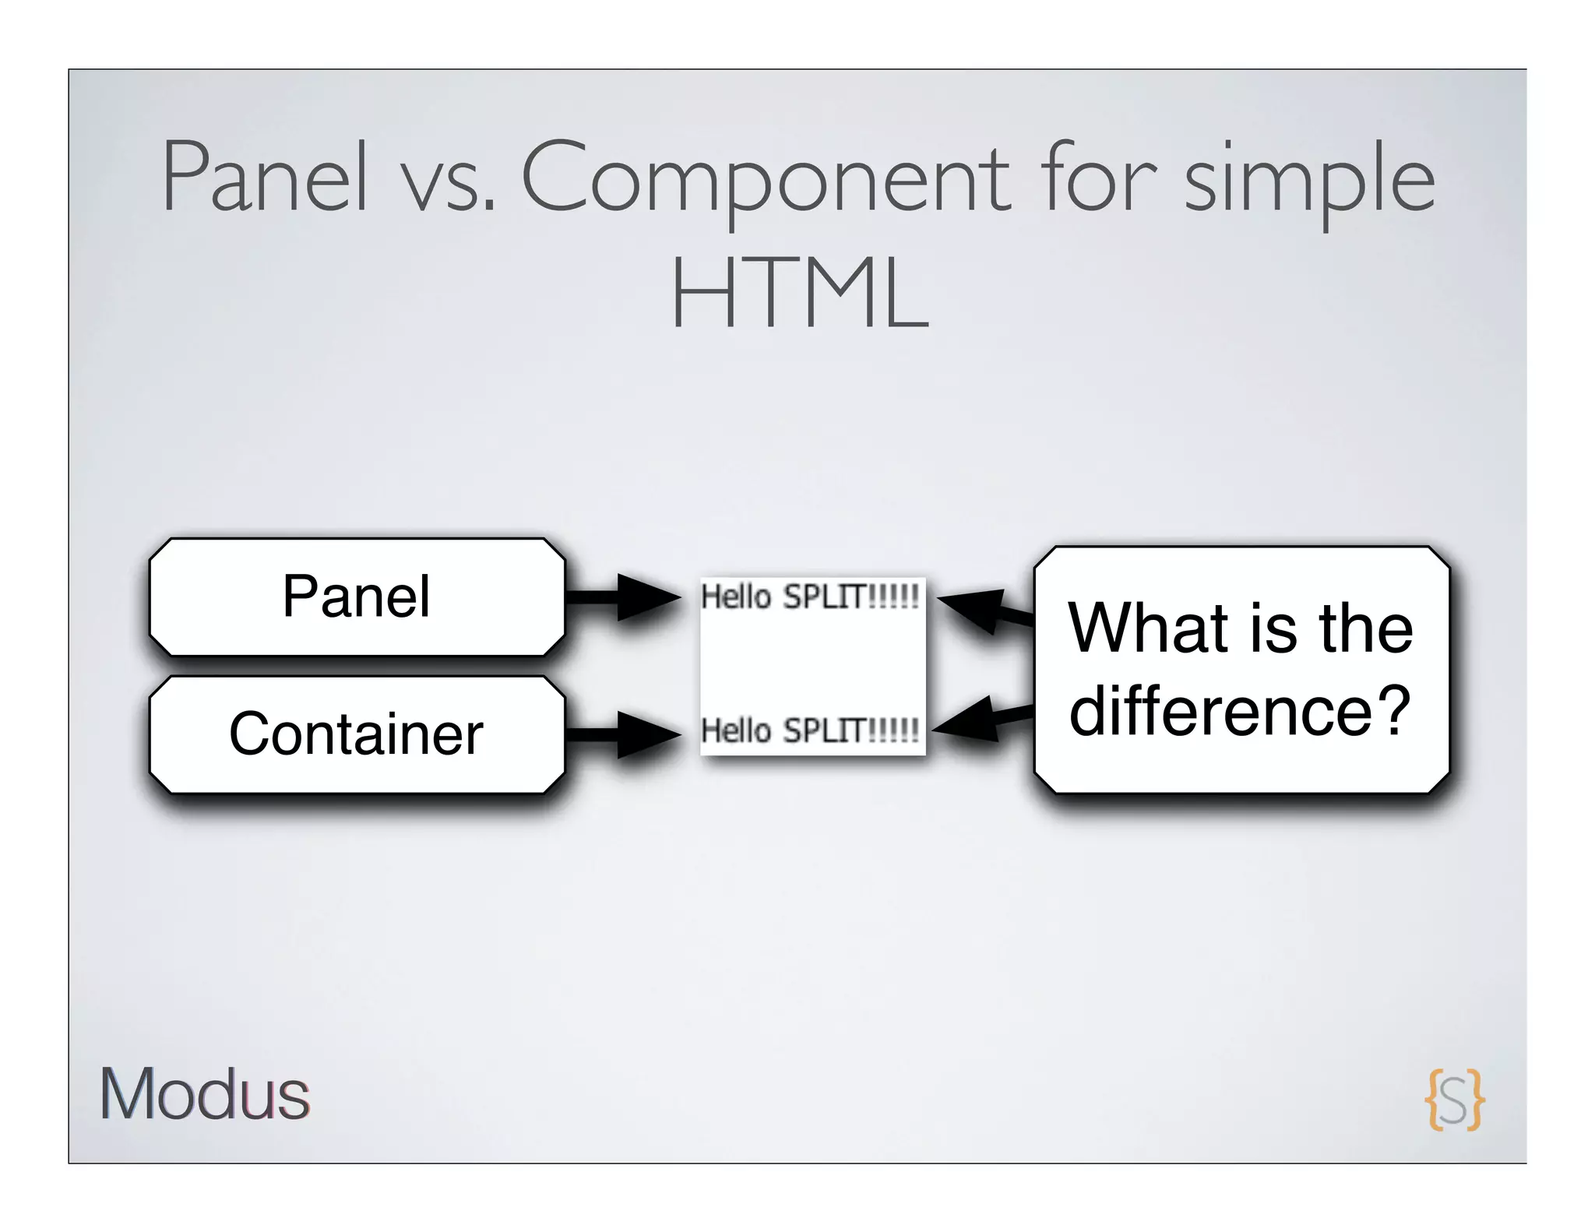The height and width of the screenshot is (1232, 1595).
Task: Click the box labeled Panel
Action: coord(357,597)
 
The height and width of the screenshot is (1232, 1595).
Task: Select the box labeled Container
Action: coord(357,734)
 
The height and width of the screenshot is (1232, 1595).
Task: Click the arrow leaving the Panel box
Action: coord(623,597)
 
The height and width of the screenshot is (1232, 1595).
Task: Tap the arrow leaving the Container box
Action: coord(623,734)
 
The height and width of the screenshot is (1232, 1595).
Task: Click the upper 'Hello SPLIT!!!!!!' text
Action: coord(810,597)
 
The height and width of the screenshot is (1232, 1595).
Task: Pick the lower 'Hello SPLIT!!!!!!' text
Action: coord(810,731)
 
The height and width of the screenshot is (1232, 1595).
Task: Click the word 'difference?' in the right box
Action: coord(1240,710)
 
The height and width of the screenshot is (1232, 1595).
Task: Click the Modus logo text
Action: coord(205,1094)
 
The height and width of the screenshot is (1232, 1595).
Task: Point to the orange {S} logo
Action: coord(1453,1099)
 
